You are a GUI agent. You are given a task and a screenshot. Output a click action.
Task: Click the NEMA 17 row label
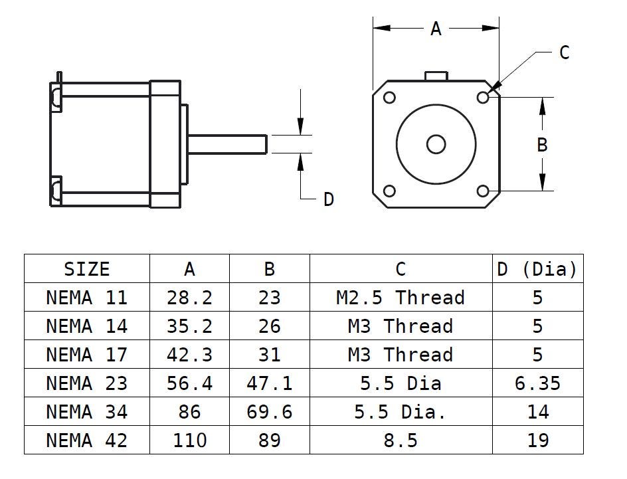[x=86, y=355]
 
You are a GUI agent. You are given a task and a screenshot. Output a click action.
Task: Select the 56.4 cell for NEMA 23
[x=189, y=383]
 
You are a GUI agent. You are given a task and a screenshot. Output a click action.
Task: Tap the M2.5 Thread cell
[x=400, y=298]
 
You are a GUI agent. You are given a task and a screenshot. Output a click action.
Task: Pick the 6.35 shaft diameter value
[x=537, y=383]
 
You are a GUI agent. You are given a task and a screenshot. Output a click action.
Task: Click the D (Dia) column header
[x=537, y=269]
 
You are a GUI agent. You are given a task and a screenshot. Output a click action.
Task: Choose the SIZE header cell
[x=86, y=269]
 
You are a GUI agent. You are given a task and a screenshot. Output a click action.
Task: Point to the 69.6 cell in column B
[x=269, y=412]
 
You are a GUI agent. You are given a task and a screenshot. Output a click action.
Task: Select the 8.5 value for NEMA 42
[x=400, y=440]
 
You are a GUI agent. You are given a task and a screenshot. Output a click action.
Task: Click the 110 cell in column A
[x=189, y=440]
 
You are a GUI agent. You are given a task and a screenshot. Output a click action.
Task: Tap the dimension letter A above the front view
[x=436, y=29]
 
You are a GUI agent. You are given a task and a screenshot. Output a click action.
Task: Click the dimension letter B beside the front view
[x=542, y=144]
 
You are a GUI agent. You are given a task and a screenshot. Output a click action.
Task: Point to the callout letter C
[x=564, y=52]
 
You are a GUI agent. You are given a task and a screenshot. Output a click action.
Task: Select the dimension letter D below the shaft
[x=328, y=199]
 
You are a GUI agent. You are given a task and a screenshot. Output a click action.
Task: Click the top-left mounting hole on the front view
[x=390, y=98]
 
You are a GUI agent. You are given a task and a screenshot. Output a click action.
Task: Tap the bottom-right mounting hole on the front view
[x=483, y=191]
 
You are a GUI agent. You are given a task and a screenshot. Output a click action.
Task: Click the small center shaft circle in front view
[x=436, y=144]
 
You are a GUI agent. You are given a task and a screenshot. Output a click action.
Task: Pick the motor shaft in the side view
[x=229, y=144]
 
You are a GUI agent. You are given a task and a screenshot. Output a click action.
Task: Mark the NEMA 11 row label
[x=86, y=298]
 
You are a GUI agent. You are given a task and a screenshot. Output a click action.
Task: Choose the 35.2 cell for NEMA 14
[x=189, y=326]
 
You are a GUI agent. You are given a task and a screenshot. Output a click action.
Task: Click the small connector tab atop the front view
[x=436, y=75]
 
